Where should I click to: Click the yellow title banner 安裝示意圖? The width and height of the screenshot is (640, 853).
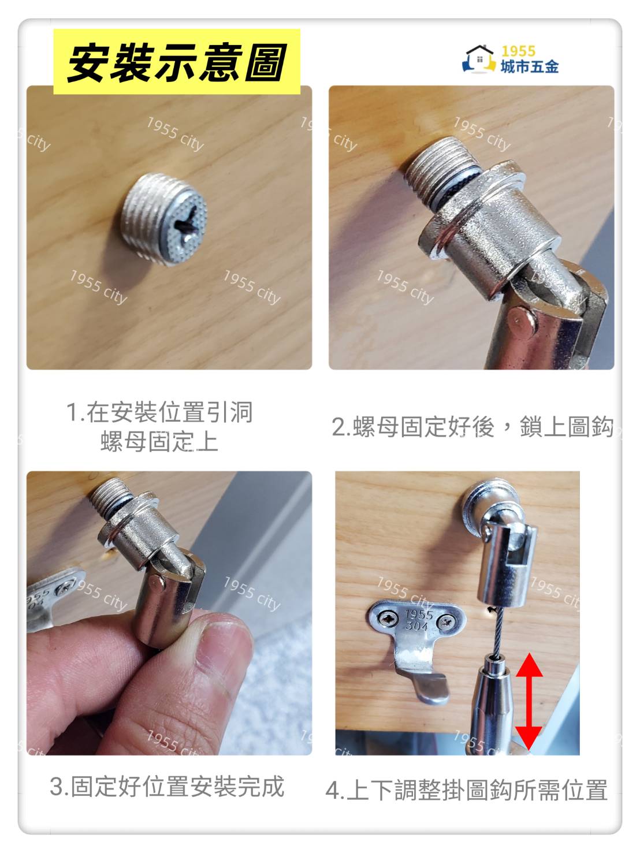[x=177, y=61]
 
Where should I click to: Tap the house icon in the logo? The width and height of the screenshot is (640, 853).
[x=479, y=59]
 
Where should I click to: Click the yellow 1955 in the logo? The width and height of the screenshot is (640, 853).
[x=518, y=51]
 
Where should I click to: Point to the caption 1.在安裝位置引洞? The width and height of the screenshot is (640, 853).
[x=159, y=412]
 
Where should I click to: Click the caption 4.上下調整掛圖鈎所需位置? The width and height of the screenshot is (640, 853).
[x=466, y=789]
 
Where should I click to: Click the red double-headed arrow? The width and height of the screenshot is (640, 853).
[x=529, y=695]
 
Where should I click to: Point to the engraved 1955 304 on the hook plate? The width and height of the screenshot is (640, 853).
[x=418, y=620]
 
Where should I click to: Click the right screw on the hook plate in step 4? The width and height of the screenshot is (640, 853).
[x=446, y=623]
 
